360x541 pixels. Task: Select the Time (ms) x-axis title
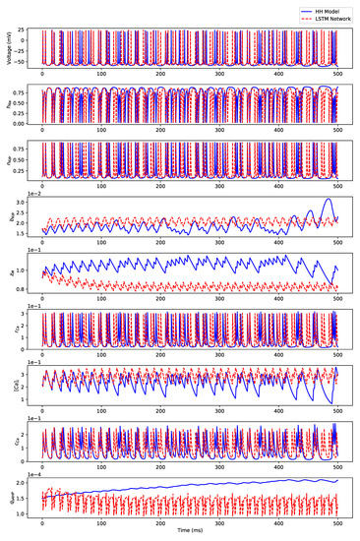[x=191, y=532]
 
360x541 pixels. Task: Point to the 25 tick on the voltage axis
[x=26, y=30]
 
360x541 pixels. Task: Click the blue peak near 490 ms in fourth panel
[x=328, y=200]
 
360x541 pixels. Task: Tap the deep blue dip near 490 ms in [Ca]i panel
[x=331, y=403]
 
